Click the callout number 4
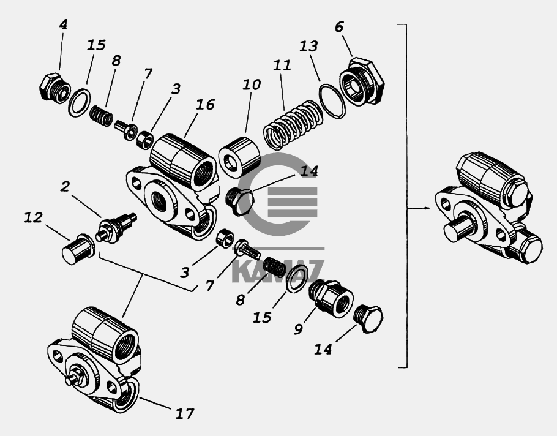pyautogui.click(x=63, y=24)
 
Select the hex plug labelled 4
pyautogui.click(x=53, y=88)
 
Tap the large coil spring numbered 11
pyautogui.click(x=293, y=124)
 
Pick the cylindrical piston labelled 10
pyautogui.click(x=239, y=157)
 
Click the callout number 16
pyautogui.click(x=205, y=105)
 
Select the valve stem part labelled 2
pyautogui.click(x=116, y=227)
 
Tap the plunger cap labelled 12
pyautogui.click(x=78, y=249)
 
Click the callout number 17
pyautogui.click(x=185, y=413)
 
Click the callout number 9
pyautogui.click(x=299, y=329)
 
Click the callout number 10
pyautogui.click(x=252, y=85)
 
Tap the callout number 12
pyautogui.click(x=33, y=217)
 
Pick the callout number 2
pyautogui.click(x=65, y=186)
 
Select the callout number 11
pyautogui.click(x=282, y=66)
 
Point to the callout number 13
pyautogui.click(x=308, y=46)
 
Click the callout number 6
pyautogui.click(x=339, y=27)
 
